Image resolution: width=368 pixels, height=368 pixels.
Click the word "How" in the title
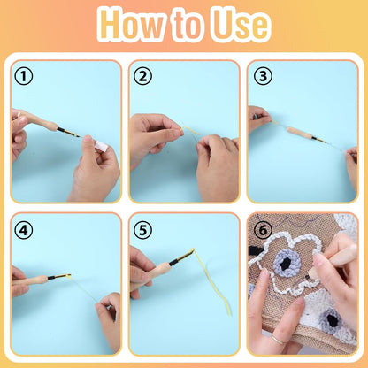(x=133, y=25)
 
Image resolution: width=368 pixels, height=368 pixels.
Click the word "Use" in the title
(x=236, y=25)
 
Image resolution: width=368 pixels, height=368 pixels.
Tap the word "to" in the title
(x=187, y=25)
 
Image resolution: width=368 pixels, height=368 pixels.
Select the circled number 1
(x=24, y=76)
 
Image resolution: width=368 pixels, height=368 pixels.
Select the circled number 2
(x=142, y=76)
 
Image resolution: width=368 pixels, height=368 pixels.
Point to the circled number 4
(x=24, y=229)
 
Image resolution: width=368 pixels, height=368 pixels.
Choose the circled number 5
(x=142, y=229)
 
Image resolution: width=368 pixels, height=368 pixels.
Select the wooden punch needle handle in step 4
(x=34, y=280)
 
